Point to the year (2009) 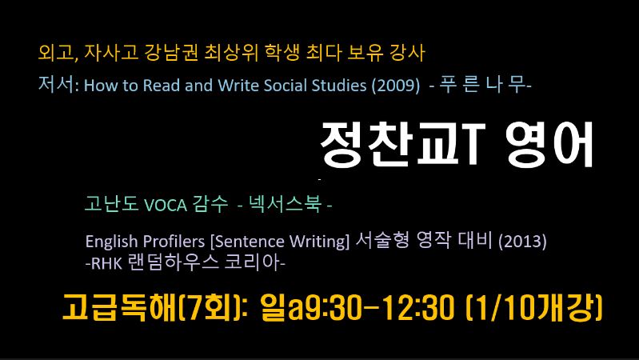point(395,86)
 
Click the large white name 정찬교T point(402,144)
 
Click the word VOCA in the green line point(166,205)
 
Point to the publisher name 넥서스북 point(285,204)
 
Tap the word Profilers point(174,242)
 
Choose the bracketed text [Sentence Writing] point(280,242)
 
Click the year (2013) point(522,242)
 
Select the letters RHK point(107,263)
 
